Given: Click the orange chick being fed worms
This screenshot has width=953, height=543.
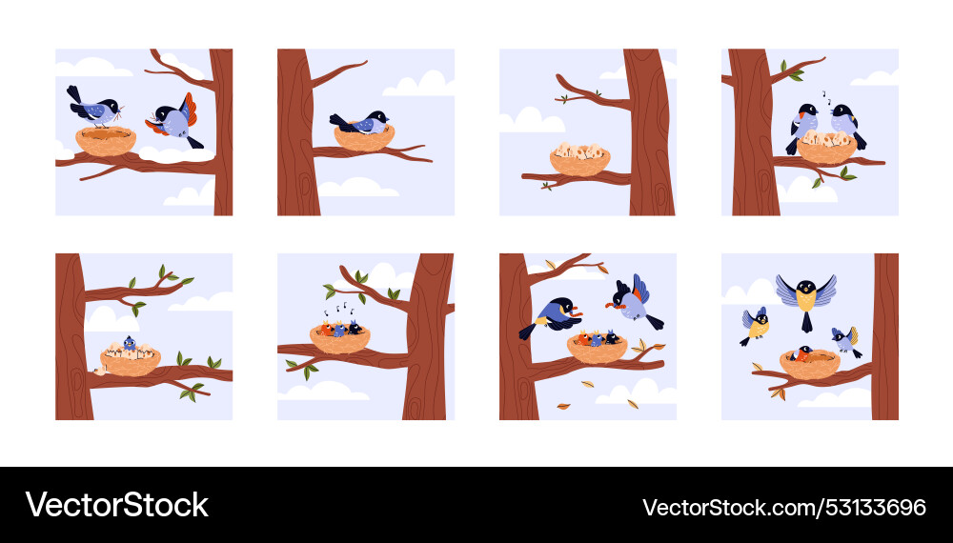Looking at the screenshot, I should (x=581, y=337).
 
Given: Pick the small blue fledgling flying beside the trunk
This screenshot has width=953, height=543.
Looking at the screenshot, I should (x=843, y=339).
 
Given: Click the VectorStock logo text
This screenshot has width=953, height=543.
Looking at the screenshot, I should (x=116, y=505).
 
